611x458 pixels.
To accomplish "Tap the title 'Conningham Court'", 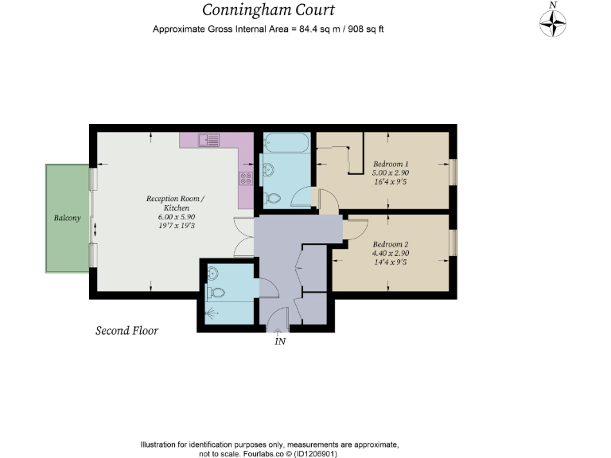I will pos(267,10).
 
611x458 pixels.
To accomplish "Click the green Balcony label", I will pos(67,218).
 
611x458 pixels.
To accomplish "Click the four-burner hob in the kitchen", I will pos(245,178).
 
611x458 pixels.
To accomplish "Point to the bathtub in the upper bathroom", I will pos(286,143).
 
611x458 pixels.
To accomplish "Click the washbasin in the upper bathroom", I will pos(268,169).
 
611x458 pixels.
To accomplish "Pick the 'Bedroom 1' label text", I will pos(390,165).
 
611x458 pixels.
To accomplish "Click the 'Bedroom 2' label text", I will pos(390,244).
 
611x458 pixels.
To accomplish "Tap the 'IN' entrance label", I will pos(280,342).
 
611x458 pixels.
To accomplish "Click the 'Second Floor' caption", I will pos(127,331).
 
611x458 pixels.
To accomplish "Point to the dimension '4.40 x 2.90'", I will pos(390,254).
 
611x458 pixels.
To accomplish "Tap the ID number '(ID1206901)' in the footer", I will pos(317,453).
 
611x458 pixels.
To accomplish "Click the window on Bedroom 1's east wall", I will pos(453,170).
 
